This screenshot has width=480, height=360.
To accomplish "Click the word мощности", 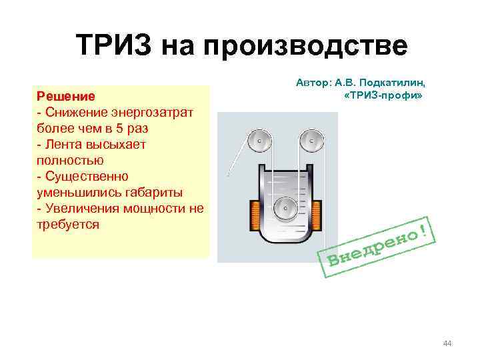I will click(x=139, y=208).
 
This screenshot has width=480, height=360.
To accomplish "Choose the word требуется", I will click(x=67, y=224).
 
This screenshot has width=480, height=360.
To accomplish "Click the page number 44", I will click(x=447, y=343).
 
